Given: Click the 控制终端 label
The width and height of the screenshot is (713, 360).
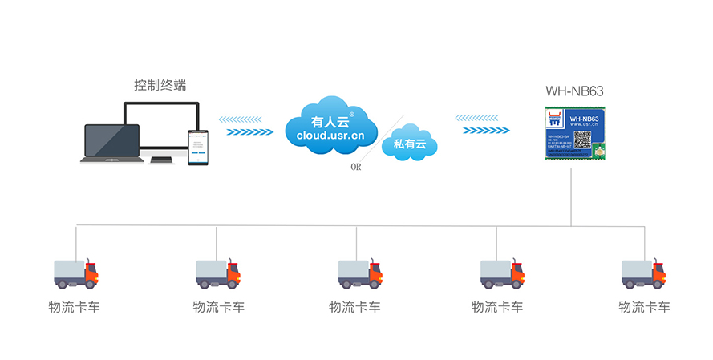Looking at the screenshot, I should click(x=160, y=86).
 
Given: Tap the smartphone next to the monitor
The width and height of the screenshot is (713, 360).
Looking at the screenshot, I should click(x=198, y=147).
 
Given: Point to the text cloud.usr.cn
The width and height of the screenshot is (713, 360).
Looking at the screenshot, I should click(x=330, y=136).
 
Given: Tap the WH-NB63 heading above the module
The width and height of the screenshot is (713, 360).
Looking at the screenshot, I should click(x=574, y=91).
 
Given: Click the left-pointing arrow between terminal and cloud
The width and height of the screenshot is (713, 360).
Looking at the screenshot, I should click(x=240, y=119).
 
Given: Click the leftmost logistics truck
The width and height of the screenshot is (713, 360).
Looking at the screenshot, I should click(x=75, y=273).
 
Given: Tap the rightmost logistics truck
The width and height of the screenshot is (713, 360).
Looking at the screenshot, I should click(x=643, y=273).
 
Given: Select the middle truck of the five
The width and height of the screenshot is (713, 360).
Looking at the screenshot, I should click(x=359, y=273).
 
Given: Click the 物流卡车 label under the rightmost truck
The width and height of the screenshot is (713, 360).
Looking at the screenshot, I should click(x=644, y=307).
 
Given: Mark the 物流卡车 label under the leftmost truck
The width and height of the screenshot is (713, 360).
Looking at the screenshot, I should click(x=75, y=307).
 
